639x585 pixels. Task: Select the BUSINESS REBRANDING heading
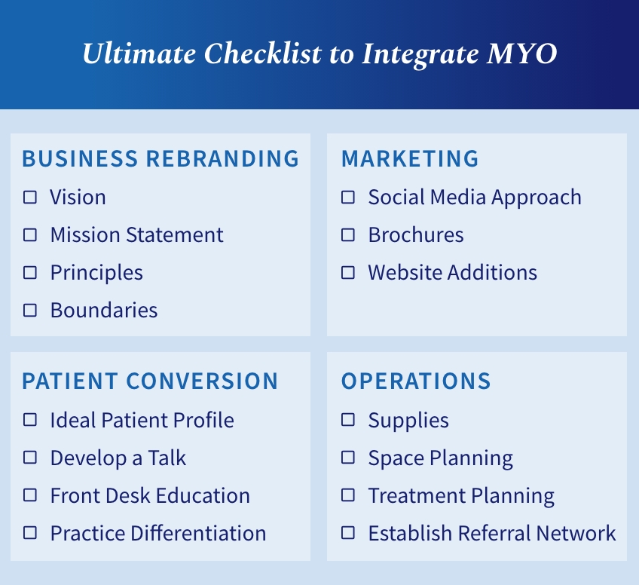pos(161,159)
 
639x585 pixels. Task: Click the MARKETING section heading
pos(410,159)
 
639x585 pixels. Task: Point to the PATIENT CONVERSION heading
pos(150,381)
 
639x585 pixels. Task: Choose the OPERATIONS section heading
pos(416,381)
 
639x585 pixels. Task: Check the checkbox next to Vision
pos(30,198)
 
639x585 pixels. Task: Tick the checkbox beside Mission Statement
pos(30,235)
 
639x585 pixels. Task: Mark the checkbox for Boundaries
pos(30,311)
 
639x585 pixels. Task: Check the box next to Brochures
pos(348,235)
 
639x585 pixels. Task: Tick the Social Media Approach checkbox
pos(348,198)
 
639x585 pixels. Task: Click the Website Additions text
pos(452,273)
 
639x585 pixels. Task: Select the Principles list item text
pos(96,273)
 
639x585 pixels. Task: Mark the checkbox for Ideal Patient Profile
pos(30,421)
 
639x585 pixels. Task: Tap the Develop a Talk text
pos(118,458)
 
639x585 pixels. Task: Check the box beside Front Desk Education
pos(30,496)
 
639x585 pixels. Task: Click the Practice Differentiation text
pos(157,534)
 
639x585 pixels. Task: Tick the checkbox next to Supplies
pos(348,421)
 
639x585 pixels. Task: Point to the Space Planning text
pos(440,458)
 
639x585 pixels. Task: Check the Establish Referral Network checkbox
pos(348,534)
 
